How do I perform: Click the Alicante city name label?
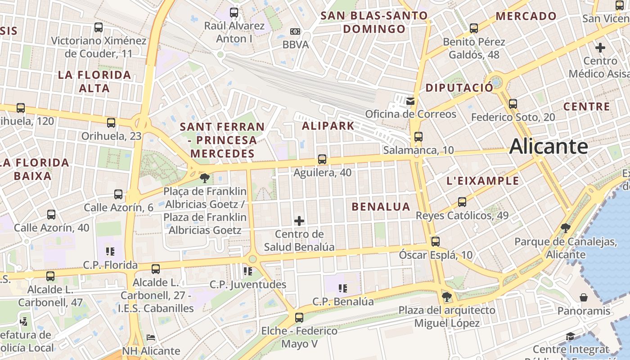(549, 147)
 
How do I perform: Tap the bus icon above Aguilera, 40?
(322, 159)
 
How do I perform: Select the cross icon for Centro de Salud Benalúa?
(299, 220)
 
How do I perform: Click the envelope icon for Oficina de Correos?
(410, 101)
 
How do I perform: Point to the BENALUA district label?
(381, 207)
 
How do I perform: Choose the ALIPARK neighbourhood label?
(328, 126)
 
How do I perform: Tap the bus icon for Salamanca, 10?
(418, 136)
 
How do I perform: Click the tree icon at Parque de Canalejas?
(566, 228)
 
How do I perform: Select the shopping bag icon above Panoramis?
(584, 297)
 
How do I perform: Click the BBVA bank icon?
(295, 31)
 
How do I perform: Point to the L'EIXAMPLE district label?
(482, 181)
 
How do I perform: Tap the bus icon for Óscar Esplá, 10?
(435, 241)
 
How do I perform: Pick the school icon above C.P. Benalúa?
(343, 288)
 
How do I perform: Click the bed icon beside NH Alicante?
(151, 337)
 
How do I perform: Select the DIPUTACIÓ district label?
(459, 88)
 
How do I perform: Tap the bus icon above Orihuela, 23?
(111, 122)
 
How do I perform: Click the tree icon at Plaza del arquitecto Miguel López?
(446, 297)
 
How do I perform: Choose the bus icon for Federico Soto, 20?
(513, 104)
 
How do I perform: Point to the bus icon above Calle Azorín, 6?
(118, 194)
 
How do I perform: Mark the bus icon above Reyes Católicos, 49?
(462, 202)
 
